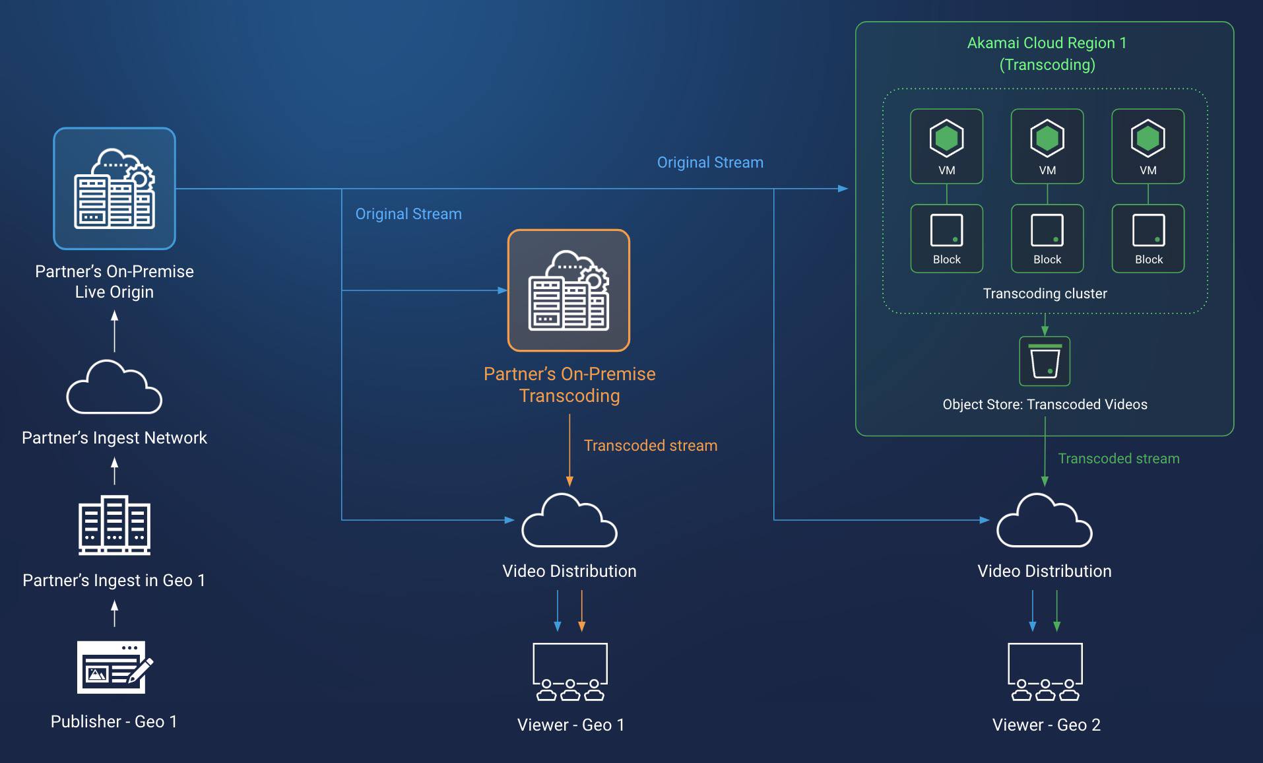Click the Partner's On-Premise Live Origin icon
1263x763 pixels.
coord(114,189)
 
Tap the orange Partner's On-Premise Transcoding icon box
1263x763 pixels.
coord(569,290)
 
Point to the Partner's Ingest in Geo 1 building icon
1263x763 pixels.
coord(114,525)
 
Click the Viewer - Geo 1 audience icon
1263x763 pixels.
coord(569,671)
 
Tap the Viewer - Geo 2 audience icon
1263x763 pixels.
coord(1045,671)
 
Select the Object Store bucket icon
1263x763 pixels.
coord(1045,361)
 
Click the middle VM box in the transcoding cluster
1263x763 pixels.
coord(1047,147)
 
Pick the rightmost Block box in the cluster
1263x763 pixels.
coord(1148,238)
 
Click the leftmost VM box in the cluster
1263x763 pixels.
coord(946,147)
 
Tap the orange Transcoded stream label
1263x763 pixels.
coord(650,446)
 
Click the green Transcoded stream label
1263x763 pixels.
coord(1118,459)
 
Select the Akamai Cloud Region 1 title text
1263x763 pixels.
coord(1047,44)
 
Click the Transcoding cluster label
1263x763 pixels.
coord(1045,294)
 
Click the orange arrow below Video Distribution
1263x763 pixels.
coord(581,611)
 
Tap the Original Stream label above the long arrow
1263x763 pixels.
coord(710,162)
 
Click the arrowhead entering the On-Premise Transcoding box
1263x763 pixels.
coord(502,290)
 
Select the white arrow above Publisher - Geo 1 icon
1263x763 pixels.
coord(115,613)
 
